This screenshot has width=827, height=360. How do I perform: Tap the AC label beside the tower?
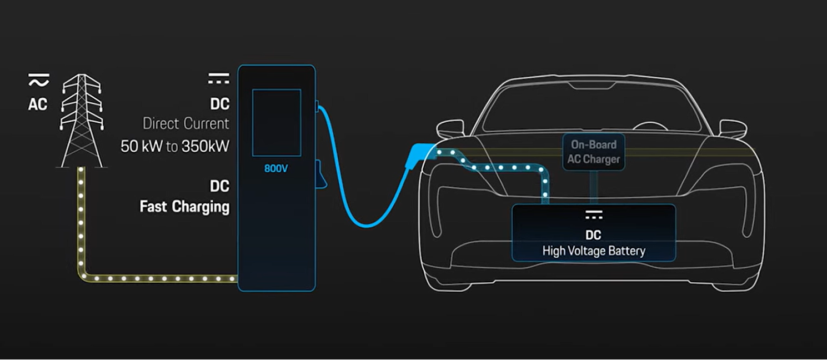38,104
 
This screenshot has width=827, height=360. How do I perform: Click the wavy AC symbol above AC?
39,80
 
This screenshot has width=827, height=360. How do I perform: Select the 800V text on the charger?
276,169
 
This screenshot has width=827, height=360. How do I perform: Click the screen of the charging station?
277,123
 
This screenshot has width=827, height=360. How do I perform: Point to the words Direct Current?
186,124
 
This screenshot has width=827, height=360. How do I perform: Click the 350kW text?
206,147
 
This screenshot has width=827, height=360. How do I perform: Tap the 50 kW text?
142,147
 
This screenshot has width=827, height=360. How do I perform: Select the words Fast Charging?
184,207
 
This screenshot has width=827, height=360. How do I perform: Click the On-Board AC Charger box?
594,152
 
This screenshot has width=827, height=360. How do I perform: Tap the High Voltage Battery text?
594,251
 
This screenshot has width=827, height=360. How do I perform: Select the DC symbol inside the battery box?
594,214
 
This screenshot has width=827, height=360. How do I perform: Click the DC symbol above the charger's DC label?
219,78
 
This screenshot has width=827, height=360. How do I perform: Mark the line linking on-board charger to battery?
594,187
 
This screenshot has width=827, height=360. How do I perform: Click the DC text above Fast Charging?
220,186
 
